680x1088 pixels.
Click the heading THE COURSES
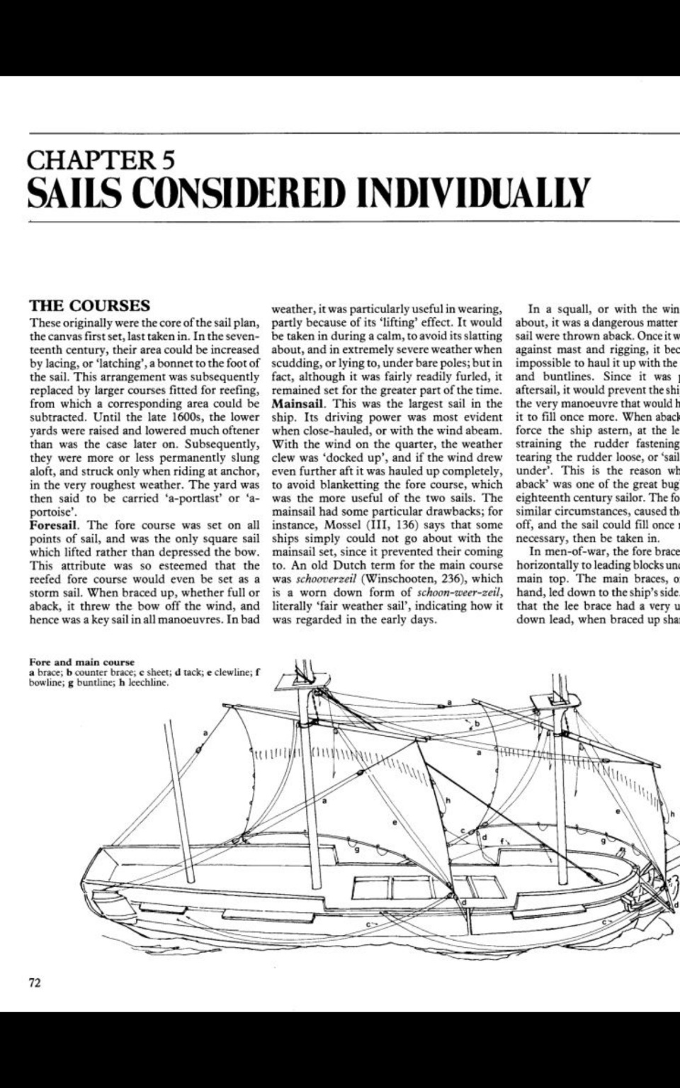point(89,306)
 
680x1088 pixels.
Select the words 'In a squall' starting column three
point(562,310)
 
